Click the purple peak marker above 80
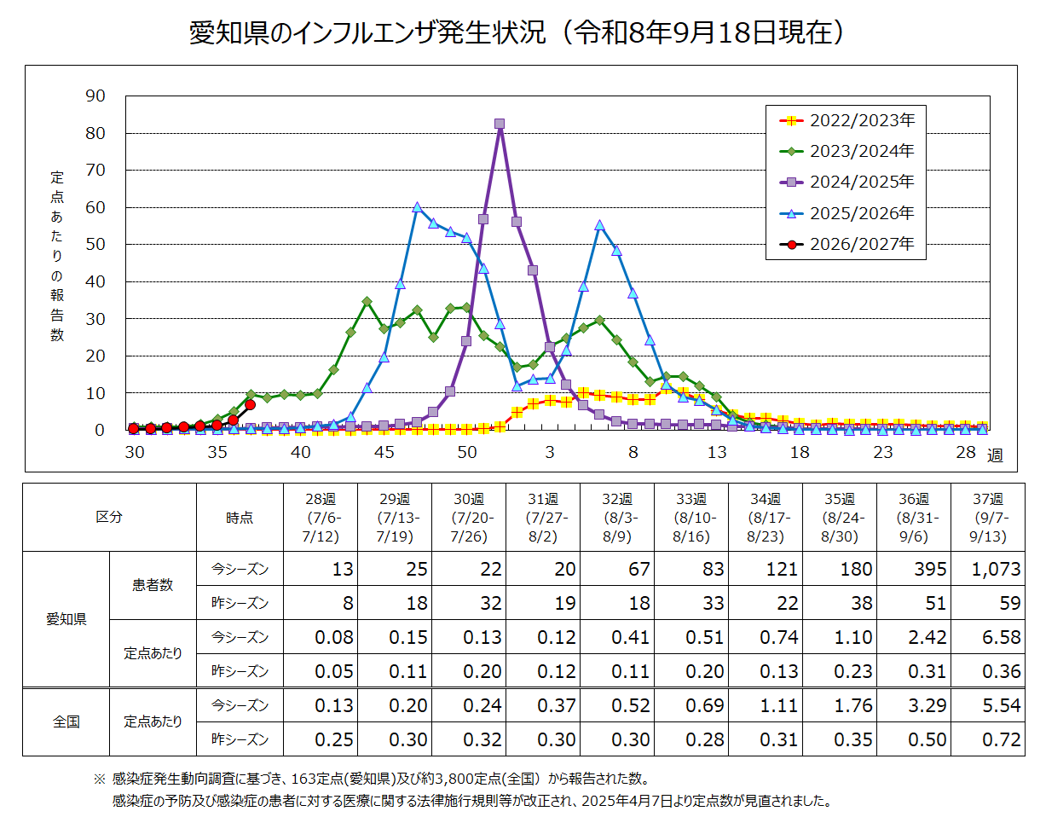(500, 124)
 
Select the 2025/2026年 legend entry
(846, 213)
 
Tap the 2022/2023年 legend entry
(846, 120)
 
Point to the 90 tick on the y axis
(95, 96)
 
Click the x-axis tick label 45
(384, 452)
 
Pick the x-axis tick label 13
(716, 452)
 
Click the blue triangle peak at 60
(417, 207)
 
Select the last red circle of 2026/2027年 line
(250, 405)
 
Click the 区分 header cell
(109, 517)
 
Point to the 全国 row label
(66, 721)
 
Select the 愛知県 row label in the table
(66, 619)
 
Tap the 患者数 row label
(153, 585)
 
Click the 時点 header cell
(240, 518)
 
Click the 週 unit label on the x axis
(995, 455)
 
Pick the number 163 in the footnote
(305, 779)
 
